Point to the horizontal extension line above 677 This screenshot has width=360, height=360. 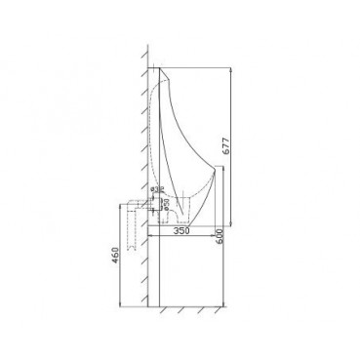point(200,68)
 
